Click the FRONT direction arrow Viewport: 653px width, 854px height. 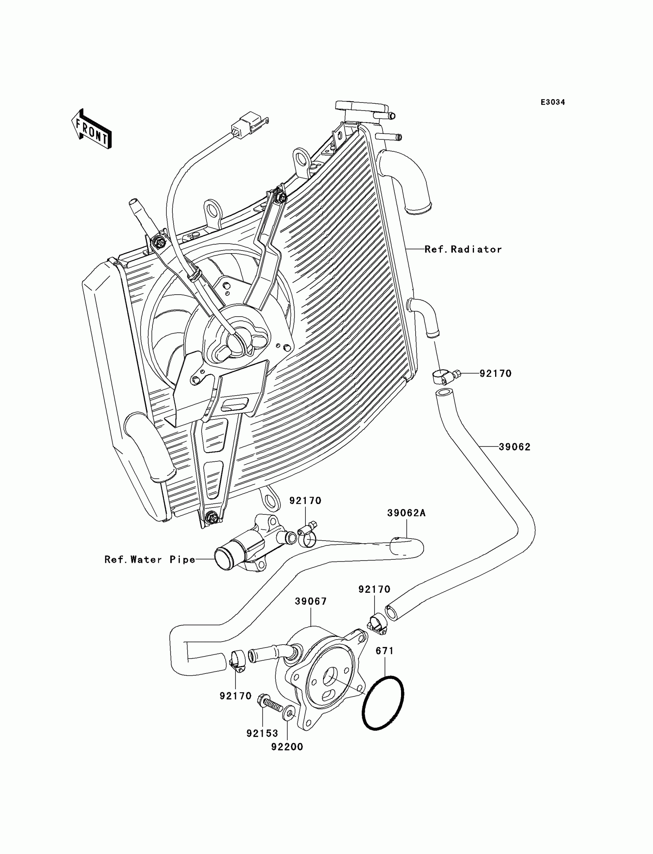point(91,129)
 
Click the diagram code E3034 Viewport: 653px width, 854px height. point(553,102)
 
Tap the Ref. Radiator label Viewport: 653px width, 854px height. point(463,249)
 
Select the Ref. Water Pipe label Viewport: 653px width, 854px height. point(150,559)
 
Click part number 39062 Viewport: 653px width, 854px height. point(515,447)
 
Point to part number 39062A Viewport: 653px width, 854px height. point(406,513)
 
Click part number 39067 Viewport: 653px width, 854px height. point(311,601)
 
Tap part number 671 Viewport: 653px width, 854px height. point(385,651)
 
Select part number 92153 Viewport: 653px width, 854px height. point(262,733)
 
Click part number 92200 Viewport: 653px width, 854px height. point(287,747)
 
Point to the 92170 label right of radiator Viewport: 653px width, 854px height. point(495,373)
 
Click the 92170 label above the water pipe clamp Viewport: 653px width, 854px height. point(305,501)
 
